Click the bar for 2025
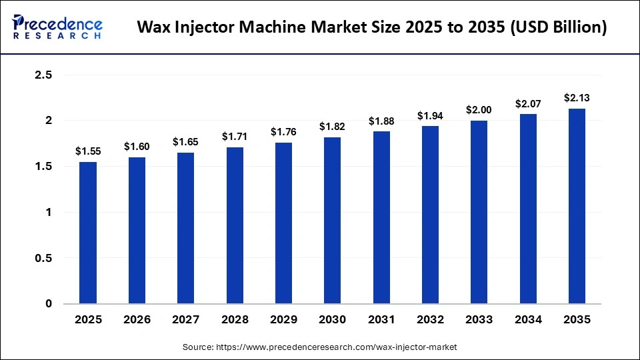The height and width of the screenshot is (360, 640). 88,233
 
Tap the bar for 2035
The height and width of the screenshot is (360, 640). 577,206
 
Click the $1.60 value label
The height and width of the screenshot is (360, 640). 137,146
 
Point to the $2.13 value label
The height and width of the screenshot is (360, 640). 577,98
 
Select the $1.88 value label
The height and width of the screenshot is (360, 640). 381,121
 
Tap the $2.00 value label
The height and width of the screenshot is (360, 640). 479,110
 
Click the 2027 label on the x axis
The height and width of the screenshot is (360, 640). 186,320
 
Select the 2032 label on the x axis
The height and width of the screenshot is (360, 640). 430,320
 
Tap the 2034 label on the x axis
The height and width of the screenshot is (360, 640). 528,320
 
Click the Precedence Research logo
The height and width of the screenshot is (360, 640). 57,27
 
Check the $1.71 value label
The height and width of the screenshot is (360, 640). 235,136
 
